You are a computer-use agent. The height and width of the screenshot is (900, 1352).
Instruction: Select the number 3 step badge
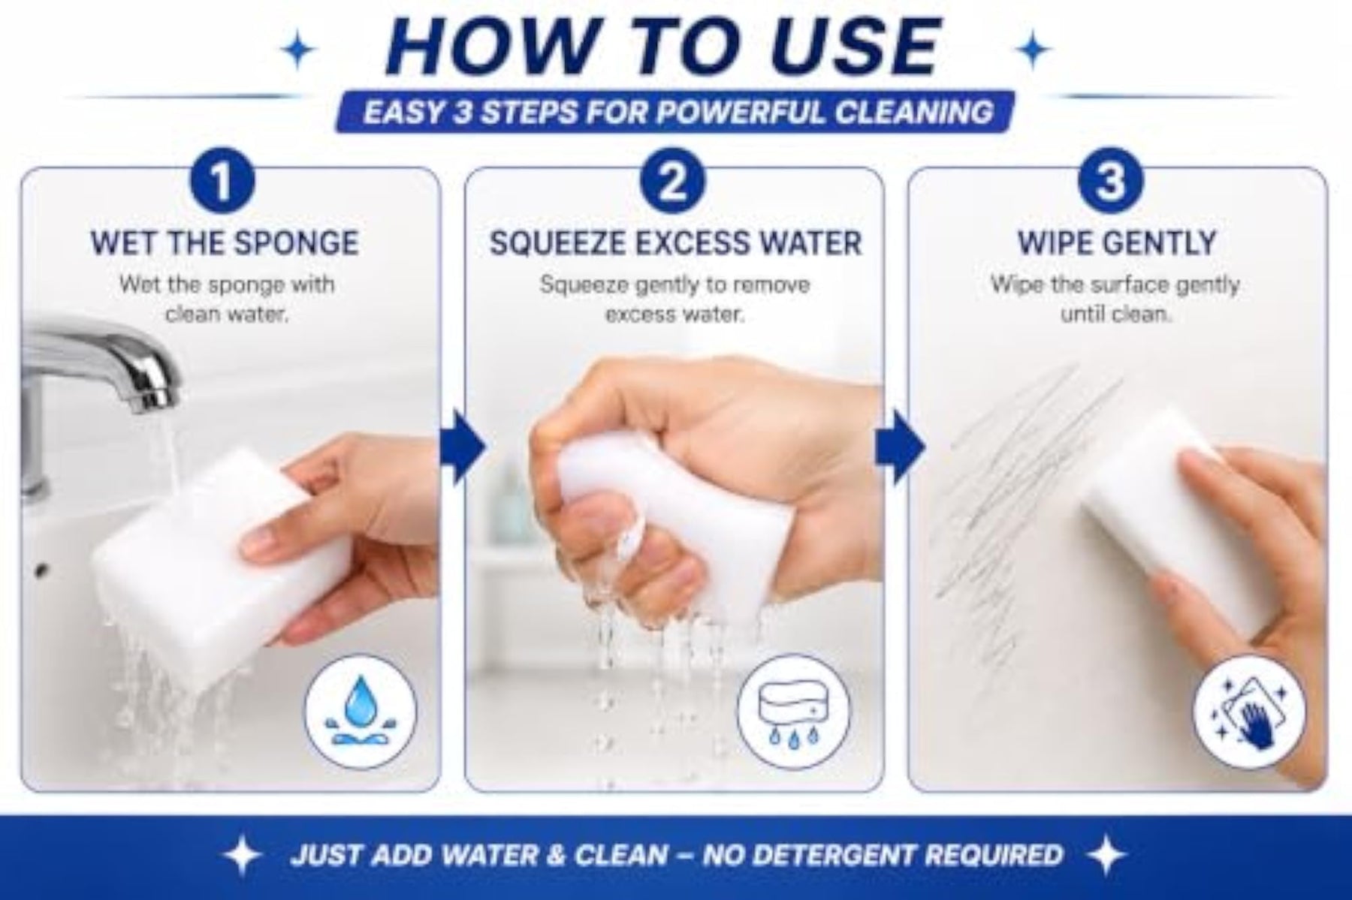point(1111,183)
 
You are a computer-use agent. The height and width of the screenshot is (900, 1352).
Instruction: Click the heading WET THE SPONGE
point(225,243)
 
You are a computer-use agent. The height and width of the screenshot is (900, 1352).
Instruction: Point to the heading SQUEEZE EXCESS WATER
point(675,243)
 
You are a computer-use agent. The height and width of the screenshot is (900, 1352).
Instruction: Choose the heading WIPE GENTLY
point(1117,243)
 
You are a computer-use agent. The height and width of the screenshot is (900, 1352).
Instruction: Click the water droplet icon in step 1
point(361,710)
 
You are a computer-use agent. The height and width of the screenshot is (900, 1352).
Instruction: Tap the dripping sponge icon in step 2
point(794,710)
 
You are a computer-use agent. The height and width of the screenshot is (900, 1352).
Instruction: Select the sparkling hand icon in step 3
point(1251,710)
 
